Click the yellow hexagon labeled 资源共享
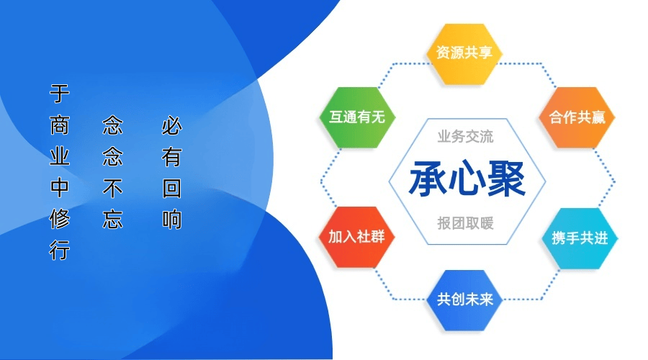464,54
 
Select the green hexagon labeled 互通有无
357,117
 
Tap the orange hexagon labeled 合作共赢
577,117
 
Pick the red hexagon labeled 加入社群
356,237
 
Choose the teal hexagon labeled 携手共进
580,238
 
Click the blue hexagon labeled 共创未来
464,300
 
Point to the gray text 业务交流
465,136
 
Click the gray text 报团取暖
465,223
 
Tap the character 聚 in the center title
506,179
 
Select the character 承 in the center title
428,179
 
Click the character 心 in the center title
467,179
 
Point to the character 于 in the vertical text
60,94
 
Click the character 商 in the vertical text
60,125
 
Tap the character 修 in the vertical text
60,219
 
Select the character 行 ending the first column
60,250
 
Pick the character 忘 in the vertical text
112,219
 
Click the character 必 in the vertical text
172,125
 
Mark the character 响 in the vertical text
172,219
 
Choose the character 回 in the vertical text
172,188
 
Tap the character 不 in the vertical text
112,188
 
